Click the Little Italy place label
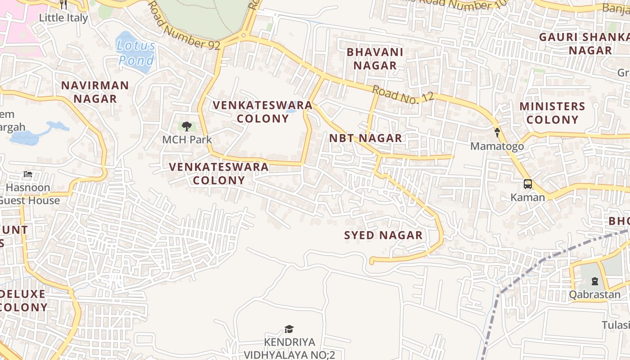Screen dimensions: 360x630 click(63, 18)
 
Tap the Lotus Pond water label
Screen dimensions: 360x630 click(136, 53)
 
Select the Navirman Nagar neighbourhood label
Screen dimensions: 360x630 click(95, 92)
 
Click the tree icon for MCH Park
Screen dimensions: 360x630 click(187, 126)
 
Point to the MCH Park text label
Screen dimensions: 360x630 click(187, 139)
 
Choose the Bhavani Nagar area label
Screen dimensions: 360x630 click(375, 58)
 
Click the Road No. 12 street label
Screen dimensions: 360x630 click(403, 94)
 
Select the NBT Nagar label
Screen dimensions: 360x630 click(365, 138)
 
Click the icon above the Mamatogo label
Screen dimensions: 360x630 click(497, 133)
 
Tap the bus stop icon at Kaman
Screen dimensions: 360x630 click(527, 184)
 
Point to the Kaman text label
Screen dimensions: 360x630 click(527, 197)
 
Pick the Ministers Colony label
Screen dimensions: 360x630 click(552, 113)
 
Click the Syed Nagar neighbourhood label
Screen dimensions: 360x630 click(383, 235)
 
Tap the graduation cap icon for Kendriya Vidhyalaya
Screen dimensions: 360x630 click(289, 329)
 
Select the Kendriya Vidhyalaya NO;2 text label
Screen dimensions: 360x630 click(289, 349)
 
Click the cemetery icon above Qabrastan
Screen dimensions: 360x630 click(595, 282)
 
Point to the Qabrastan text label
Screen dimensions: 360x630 click(595, 295)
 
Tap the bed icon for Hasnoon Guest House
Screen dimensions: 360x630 click(28, 174)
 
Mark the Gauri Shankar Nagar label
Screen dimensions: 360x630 click(585, 44)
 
